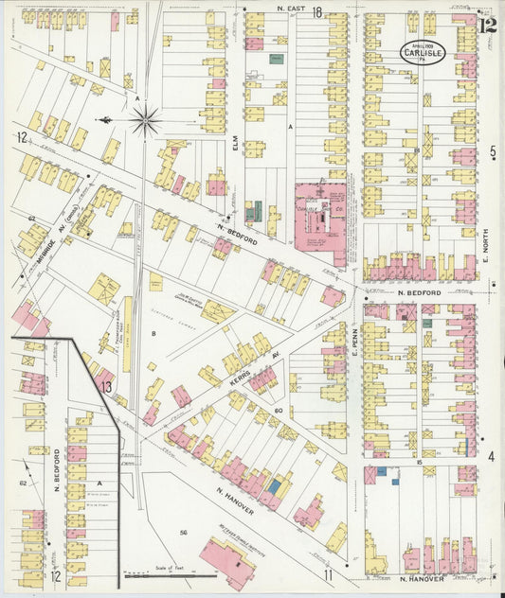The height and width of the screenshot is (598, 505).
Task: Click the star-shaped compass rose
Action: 145,120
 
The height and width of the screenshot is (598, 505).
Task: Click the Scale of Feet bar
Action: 151,573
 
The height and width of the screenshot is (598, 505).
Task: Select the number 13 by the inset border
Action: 107,386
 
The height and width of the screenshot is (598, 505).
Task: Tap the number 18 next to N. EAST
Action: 318,12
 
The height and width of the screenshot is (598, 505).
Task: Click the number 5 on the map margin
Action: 493,151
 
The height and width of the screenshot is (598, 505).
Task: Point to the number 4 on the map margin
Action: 492,456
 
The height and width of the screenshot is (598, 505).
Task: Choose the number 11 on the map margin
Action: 328,575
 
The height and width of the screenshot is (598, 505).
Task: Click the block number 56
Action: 183,534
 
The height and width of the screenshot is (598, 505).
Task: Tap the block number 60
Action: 279,411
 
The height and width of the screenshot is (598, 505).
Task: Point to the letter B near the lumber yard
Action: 153,333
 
